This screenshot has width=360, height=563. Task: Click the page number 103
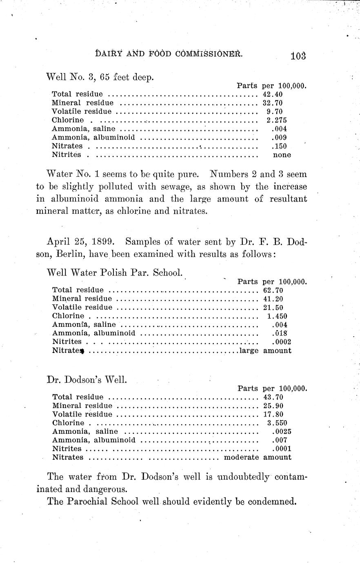click(298, 55)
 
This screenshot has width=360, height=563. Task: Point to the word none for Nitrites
click(282, 155)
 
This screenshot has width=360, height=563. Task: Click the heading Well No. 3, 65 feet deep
click(100, 77)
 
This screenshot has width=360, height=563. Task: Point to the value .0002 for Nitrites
click(281, 342)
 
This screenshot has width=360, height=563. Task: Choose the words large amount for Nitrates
click(265, 350)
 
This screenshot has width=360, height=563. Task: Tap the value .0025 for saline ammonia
click(281, 432)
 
